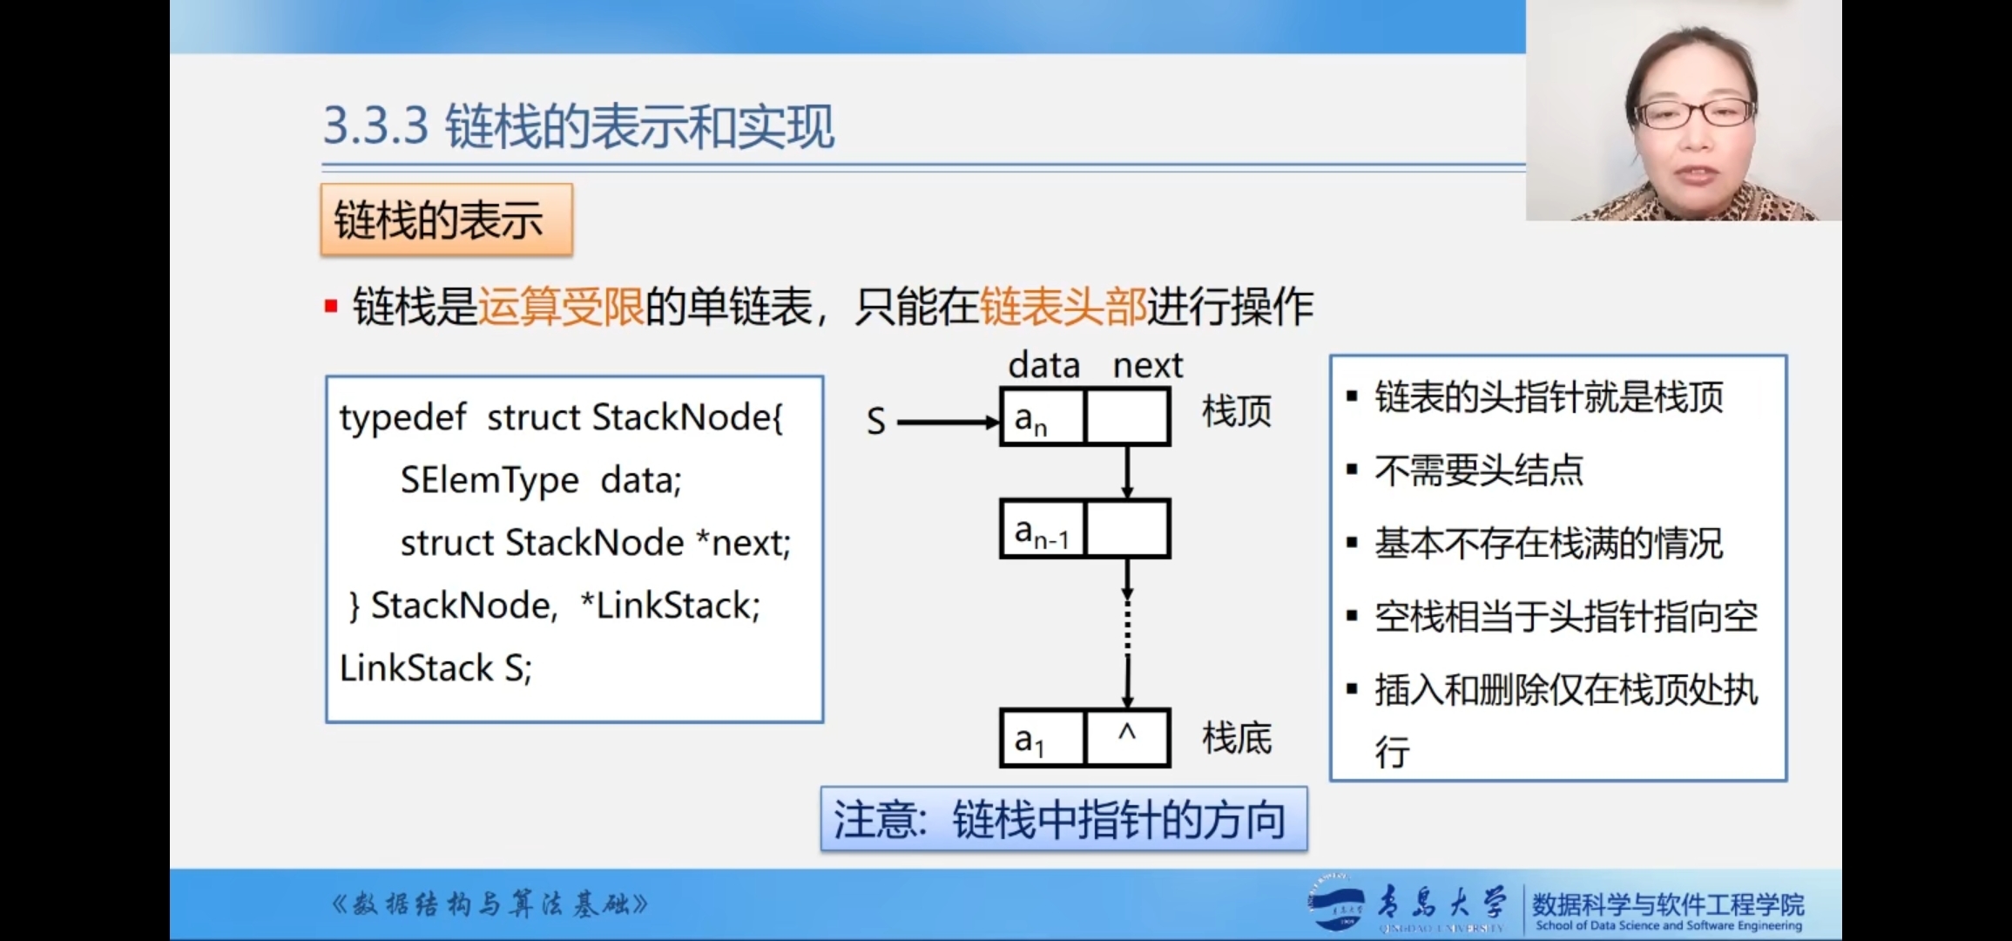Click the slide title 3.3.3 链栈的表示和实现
click(x=578, y=126)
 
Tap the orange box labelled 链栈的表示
click(x=446, y=220)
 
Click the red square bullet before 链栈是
click(x=331, y=307)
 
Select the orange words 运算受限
click(x=561, y=307)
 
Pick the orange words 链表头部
click(x=1063, y=307)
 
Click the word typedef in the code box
click(x=402, y=418)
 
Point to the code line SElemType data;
click(x=540, y=480)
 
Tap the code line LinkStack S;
click(x=435, y=668)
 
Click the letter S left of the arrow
click(x=875, y=423)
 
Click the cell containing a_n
click(x=1043, y=417)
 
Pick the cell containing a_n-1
click(x=1043, y=530)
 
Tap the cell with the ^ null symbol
click(x=1127, y=738)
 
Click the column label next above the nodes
click(x=1147, y=365)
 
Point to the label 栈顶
click(x=1237, y=411)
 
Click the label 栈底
click(x=1237, y=738)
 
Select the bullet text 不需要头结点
click(x=1478, y=470)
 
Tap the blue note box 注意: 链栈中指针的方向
click(x=1063, y=819)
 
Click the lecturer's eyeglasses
click(x=1695, y=113)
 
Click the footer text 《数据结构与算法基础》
click(x=489, y=904)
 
